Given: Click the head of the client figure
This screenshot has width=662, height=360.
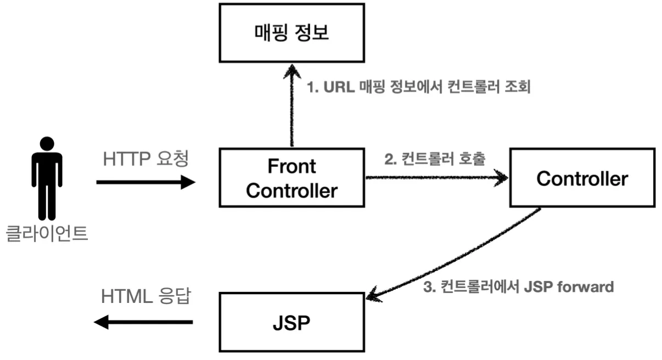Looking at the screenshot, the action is pos(47,144).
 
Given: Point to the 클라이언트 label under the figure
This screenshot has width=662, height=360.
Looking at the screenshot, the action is pos(47,233).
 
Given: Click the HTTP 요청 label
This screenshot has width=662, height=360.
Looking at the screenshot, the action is pos(145,159).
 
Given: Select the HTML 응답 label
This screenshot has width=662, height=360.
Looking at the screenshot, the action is pos(146,296).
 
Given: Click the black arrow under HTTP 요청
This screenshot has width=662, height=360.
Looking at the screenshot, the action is pos(146,182).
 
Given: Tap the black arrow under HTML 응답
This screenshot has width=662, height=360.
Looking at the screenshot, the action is pos(143,322).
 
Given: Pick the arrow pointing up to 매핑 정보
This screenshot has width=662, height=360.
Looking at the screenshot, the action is pos(292,105).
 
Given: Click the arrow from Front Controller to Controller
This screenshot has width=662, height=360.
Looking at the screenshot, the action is pos(437,178).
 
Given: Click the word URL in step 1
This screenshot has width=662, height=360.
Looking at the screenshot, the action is pos(339,87).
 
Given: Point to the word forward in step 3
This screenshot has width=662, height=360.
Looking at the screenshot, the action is pos(585,286).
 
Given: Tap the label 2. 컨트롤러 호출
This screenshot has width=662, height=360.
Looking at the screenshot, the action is pos(435,159).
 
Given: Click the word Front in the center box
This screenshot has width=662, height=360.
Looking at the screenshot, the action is pos(291,166).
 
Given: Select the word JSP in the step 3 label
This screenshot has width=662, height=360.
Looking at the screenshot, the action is pos(538,286).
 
